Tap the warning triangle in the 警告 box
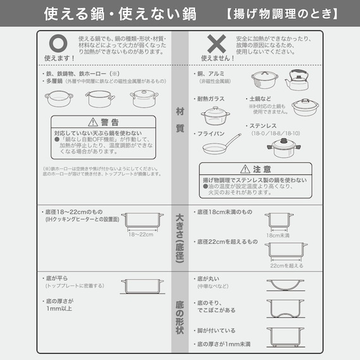(95, 122)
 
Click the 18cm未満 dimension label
(278, 235)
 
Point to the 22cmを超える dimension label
(285, 266)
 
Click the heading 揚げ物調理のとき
(281, 13)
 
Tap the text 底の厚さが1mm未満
(224, 345)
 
